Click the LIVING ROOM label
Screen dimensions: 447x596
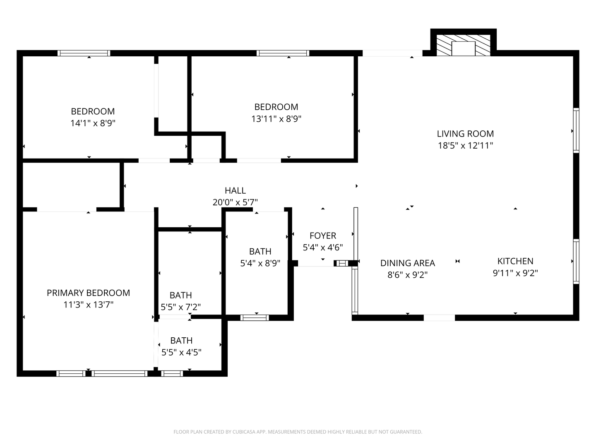pos(465,134)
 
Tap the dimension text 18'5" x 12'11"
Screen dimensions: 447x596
pos(465,146)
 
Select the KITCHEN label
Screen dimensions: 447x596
pos(515,261)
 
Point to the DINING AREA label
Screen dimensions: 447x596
pos(407,263)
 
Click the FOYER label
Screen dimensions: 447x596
pos(323,236)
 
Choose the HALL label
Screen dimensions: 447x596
pos(235,191)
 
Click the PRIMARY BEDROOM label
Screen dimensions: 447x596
pos(88,293)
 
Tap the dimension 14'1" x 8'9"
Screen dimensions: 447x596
pos(93,123)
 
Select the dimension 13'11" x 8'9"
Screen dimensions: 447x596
pos(276,119)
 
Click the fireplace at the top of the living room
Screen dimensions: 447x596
pos(463,45)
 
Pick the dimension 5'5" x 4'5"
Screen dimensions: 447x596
pos(181,353)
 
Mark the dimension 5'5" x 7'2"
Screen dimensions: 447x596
pos(181,307)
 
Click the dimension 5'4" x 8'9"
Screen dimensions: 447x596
pos(260,263)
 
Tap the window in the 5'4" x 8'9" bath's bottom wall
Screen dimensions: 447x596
pos(255,318)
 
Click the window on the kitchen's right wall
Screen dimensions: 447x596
pos(576,262)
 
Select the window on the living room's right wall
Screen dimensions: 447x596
pos(576,130)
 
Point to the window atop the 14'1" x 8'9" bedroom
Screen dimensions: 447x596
pos(84,53)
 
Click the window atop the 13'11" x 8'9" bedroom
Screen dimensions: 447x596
pos(283,53)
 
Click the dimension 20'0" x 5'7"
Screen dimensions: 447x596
pos(235,202)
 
